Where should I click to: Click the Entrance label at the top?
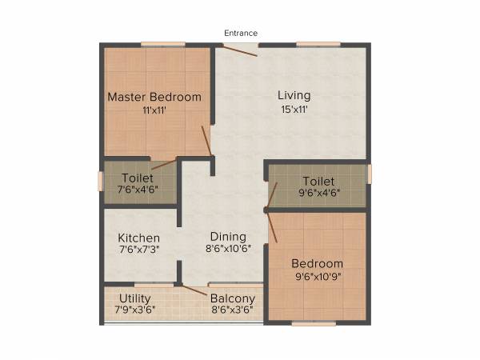[240, 33]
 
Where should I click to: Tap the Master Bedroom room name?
[154, 97]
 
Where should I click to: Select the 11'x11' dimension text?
[154, 110]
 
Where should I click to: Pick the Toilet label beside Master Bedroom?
[138, 177]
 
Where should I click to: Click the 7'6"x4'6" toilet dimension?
[138, 190]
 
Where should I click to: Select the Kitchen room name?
[139, 238]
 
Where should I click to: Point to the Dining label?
[228, 236]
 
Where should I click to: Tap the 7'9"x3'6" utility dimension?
[132, 309]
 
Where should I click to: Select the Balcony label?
[233, 298]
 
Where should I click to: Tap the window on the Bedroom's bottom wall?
[313, 323]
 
